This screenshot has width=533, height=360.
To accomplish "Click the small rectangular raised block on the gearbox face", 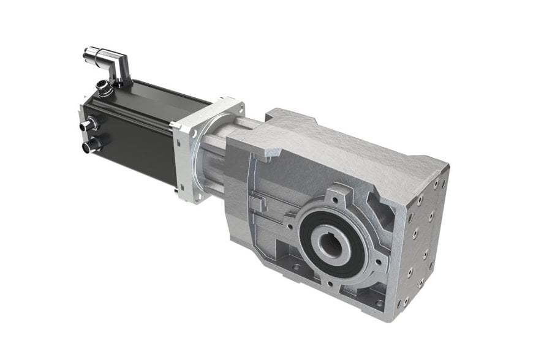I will point(260,202).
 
